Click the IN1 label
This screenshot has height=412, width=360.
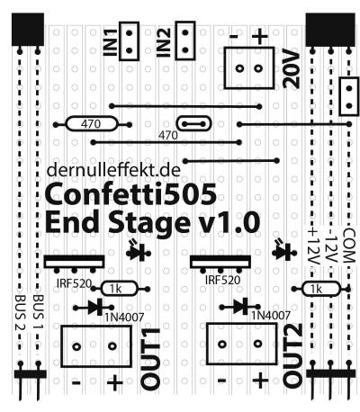(110, 42)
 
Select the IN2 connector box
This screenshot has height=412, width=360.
(185, 40)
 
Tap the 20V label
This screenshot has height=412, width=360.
(292, 70)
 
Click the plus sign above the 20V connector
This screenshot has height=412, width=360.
(260, 37)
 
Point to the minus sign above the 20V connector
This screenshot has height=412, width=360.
(234, 37)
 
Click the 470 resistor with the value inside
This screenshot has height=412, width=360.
(91, 124)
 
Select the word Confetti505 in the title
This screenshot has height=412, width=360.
(130, 193)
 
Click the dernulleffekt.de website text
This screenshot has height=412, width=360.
(113, 170)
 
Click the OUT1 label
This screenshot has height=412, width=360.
(150, 359)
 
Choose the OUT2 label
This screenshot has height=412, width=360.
(292, 355)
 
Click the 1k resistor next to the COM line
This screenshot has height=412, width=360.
(321, 289)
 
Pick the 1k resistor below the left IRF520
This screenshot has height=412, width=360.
(120, 289)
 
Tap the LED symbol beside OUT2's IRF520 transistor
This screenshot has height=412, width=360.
(283, 250)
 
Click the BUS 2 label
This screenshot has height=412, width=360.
(21, 313)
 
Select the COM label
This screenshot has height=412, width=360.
(349, 246)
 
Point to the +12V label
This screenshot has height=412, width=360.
(313, 246)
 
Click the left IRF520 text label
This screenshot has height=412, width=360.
(74, 283)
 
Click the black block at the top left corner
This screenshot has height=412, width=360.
(28, 30)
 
